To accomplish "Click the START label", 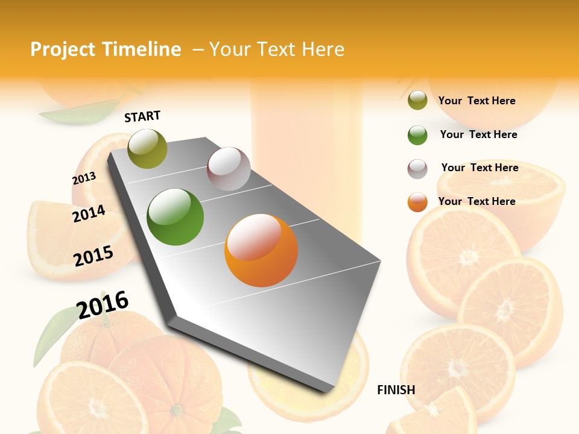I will pyautogui.click(x=142, y=116).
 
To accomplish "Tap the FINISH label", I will pyautogui.click(x=396, y=390).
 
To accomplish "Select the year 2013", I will pyautogui.click(x=84, y=178).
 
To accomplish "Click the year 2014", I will pyautogui.click(x=89, y=213).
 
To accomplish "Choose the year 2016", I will pyautogui.click(x=103, y=304).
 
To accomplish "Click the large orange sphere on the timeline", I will pyautogui.click(x=261, y=250).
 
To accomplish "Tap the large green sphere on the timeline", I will pyautogui.click(x=176, y=217).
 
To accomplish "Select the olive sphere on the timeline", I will pyautogui.click(x=147, y=148).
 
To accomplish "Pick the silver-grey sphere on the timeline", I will pyautogui.click(x=229, y=169).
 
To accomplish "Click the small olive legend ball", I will pyautogui.click(x=417, y=101).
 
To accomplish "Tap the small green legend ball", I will pyautogui.click(x=417, y=135).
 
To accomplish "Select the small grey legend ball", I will pyautogui.click(x=417, y=169).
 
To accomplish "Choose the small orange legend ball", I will pyautogui.click(x=417, y=202).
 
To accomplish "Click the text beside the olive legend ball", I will pyautogui.click(x=476, y=101).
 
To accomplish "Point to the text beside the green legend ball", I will pyautogui.click(x=478, y=134).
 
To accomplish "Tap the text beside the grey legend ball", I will pyautogui.click(x=479, y=168).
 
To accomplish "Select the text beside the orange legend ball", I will pyautogui.click(x=476, y=201).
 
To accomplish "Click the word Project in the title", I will pyautogui.click(x=63, y=49).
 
